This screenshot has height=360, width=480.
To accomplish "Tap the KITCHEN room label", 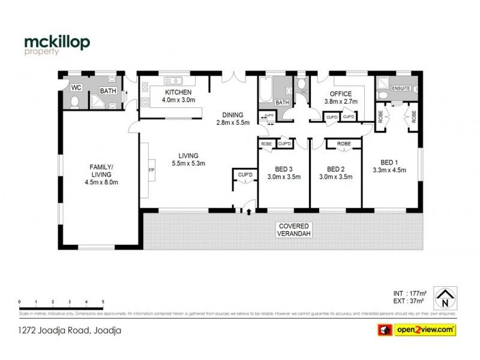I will click(179, 92).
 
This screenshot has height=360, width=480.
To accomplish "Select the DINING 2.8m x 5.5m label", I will click(232, 119).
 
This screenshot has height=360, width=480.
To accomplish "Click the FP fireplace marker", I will click(151, 170).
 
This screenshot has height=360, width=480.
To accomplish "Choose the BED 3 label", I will click(284, 169).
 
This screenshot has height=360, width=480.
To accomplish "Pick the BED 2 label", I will click(335, 169).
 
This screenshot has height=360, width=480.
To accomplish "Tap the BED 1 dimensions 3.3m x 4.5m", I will click(389, 170).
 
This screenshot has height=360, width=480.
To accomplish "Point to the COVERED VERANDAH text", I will click(293, 229).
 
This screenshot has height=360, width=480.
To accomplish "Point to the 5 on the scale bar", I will click(103, 302).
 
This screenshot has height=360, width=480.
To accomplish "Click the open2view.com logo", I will click(415, 329).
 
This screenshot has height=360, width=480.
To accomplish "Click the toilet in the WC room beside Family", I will click(74, 103).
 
